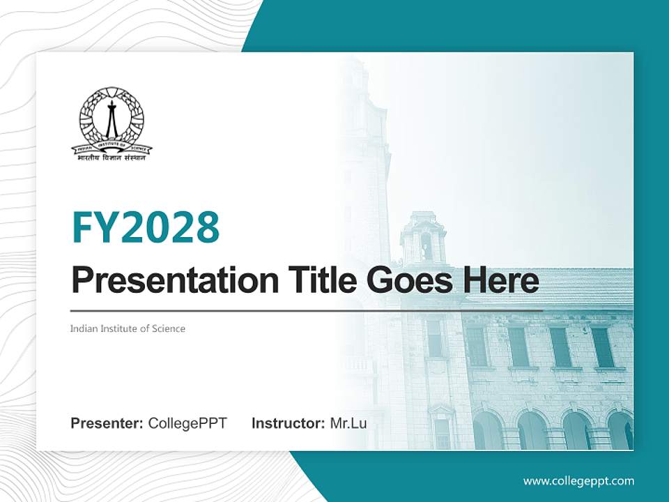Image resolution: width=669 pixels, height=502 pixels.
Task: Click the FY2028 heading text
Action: (146, 227)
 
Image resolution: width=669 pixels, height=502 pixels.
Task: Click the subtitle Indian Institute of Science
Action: (128, 328)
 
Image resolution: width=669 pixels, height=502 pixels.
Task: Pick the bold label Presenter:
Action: (107, 423)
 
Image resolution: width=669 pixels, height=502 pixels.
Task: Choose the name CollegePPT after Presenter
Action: (187, 423)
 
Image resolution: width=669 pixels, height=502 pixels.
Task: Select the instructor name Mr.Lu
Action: (348, 423)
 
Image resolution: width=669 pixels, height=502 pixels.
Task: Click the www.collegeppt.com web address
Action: (578, 480)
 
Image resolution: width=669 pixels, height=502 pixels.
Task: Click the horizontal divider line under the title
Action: (307, 310)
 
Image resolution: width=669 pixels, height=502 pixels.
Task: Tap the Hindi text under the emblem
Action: (111, 158)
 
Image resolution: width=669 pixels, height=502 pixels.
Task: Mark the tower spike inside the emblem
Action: (111, 119)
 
